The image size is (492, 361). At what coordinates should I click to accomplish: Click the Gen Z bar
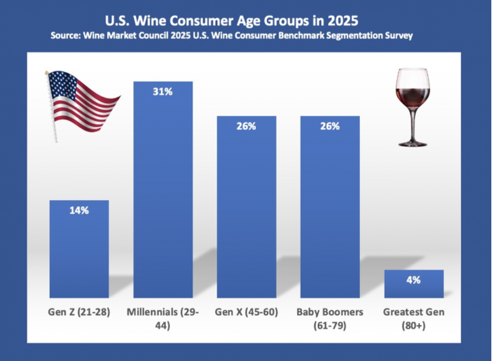point(80,249)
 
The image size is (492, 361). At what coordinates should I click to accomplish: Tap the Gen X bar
point(246,209)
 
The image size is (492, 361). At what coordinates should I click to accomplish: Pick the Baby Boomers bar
point(330,209)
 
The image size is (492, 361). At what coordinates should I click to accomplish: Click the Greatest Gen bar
point(413,284)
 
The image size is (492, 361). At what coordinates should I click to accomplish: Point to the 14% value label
point(80,210)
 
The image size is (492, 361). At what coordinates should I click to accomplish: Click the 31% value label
point(164,91)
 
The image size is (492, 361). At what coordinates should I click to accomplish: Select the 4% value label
point(413,280)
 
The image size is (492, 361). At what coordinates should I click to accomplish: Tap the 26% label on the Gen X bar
point(246,126)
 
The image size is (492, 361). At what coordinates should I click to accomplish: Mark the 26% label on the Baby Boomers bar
point(330,126)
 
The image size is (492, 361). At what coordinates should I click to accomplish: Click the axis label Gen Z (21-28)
point(80,313)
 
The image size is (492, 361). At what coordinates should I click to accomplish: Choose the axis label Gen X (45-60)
point(246,313)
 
